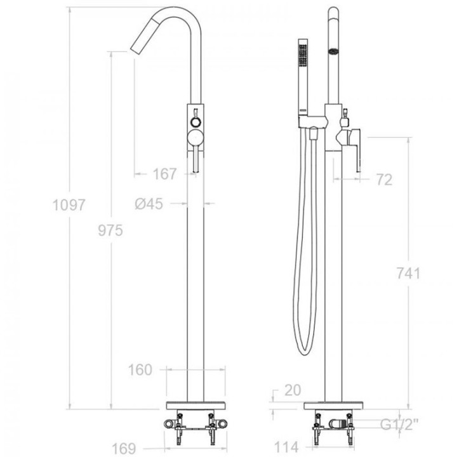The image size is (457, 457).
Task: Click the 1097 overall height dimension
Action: [69, 205]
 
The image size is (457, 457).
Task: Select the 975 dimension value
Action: [110, 230]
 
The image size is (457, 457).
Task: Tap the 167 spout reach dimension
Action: [164, 174]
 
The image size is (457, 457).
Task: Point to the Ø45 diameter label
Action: [149, 204]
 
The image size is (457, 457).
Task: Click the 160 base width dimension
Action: [140, 370]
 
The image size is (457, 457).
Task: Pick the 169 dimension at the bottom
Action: [124, 449]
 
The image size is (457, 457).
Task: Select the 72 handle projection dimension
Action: [385, 180]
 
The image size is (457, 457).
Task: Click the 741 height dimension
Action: [409, 274]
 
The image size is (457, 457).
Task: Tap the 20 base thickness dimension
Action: [293, 390]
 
